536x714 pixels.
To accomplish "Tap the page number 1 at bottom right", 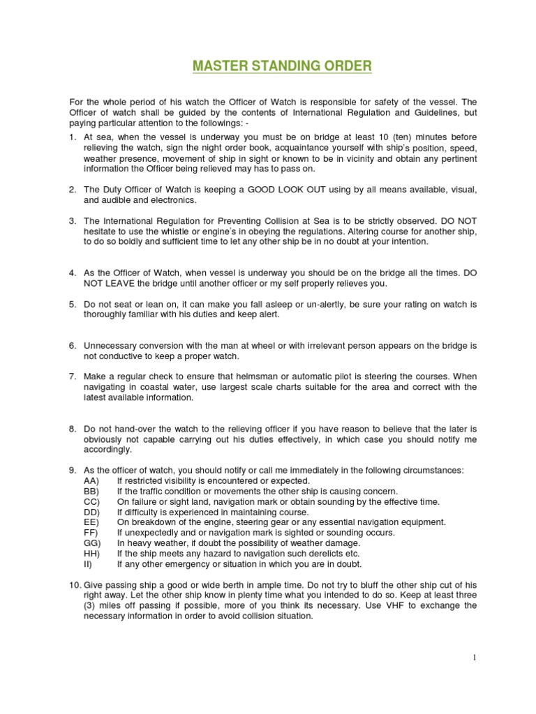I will pos(473,658).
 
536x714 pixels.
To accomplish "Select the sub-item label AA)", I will pos(91,480).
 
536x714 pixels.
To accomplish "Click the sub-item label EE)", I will pos(91,522).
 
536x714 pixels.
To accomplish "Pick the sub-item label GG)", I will pos(91,543).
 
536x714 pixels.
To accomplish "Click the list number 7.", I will pos(72,377).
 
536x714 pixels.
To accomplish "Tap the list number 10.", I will pos(74,585).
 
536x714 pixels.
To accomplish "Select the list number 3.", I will pos(72,220).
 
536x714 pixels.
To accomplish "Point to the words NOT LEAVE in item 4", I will pos(107,284).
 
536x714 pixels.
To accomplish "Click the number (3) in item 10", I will pos(91,606).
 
